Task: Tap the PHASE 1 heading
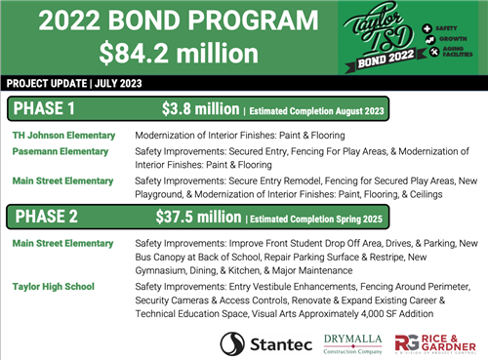point(46,107)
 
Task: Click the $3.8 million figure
point(200,107)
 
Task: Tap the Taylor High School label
point(54,288)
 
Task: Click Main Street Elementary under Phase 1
point(63,181)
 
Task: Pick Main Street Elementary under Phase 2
point(63,242)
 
